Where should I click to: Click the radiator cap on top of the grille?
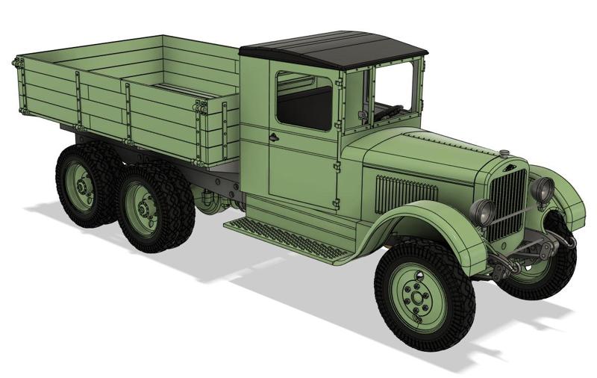point(505,153)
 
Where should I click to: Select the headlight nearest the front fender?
point(482,213)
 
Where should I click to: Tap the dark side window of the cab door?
point(304,101)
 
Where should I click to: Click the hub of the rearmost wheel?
point(81,188)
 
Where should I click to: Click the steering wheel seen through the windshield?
point(388,112)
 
